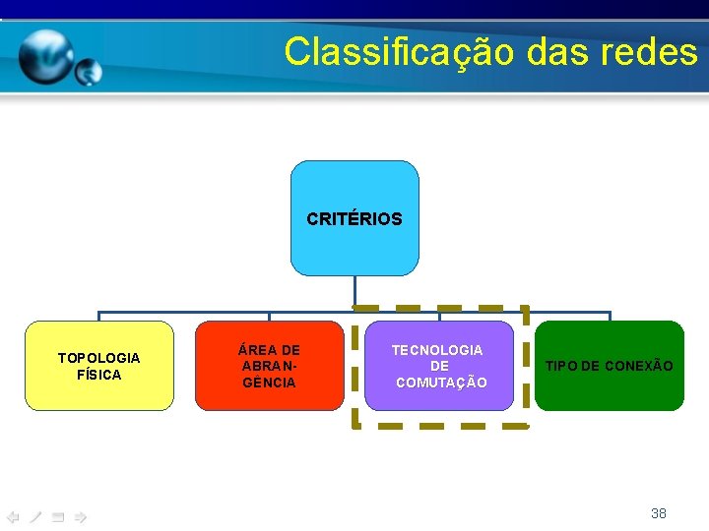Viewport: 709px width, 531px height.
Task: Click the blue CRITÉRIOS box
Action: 354,218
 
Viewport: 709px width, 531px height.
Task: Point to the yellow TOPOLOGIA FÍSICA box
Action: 98,365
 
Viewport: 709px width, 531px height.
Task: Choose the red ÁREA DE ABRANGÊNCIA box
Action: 269,365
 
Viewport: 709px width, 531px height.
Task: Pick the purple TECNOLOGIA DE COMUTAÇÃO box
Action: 439,365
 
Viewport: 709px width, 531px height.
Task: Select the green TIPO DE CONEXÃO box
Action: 610,365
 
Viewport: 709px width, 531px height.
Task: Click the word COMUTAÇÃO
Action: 440,383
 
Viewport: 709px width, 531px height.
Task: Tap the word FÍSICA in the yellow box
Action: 98,375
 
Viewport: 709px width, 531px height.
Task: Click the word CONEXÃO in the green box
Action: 639,366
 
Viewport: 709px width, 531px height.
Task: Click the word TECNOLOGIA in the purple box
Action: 437,349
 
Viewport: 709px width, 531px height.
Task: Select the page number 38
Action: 659,512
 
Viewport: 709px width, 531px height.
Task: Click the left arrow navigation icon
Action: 13,516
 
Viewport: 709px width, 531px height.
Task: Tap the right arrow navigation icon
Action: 81,516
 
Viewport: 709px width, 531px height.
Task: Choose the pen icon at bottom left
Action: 35,516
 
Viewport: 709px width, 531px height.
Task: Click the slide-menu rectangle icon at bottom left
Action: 58,516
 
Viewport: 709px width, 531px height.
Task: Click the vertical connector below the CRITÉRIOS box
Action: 354,293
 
